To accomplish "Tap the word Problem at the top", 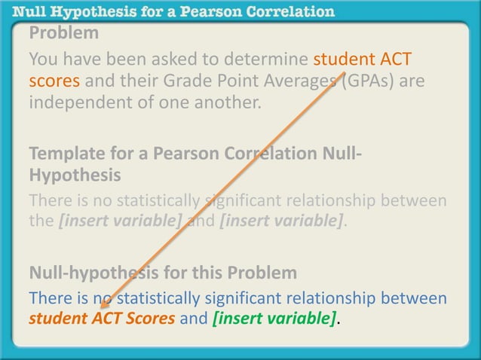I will click(x=63, y=33).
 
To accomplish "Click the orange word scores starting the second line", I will click(x=51, y=80).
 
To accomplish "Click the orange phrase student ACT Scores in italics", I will click(x=102, y=319).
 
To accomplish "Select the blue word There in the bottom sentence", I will click(x=51, y=299).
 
